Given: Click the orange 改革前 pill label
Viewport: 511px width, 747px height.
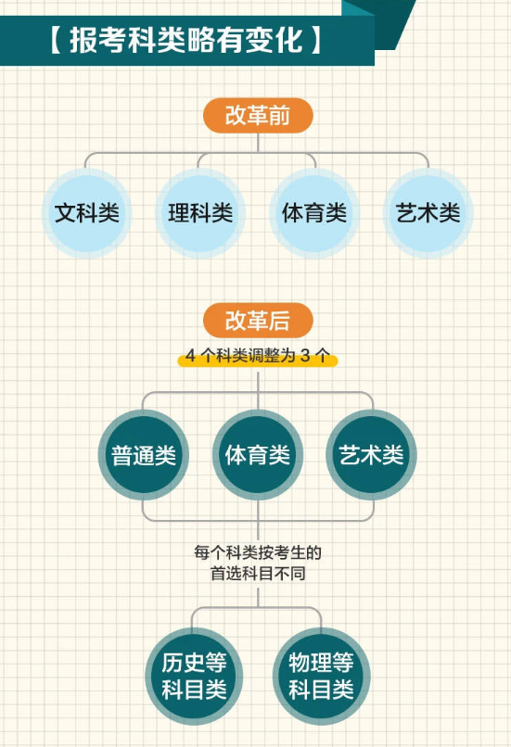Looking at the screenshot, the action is click(258, 115).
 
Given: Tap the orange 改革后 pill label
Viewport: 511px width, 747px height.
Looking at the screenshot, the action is click(258, 320).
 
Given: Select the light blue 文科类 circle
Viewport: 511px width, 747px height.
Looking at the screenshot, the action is click(87, 213).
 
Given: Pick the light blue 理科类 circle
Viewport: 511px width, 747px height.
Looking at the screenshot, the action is click(200, 213).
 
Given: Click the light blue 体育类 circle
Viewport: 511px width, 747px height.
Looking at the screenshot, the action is click(314, 213).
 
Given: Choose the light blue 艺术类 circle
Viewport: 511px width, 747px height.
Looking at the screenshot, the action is click(428, 213).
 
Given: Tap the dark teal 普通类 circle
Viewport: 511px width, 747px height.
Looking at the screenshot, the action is click(144, 455).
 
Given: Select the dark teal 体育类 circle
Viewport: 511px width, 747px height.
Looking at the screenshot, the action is click(258, 455).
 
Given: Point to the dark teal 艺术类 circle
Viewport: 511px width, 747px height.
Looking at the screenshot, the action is click(371, 455).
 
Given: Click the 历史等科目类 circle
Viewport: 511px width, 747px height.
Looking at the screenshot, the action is click(194, 677).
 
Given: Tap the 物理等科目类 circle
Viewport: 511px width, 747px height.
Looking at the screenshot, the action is click(321, 677).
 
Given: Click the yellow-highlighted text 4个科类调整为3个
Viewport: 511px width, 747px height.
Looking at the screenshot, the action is click(258, 355).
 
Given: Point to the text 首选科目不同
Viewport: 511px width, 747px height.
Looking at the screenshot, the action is click(258, 573).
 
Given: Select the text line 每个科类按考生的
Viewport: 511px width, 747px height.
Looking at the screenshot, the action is click(258, 552).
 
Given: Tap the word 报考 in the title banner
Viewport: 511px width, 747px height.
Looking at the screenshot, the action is click(98, 40).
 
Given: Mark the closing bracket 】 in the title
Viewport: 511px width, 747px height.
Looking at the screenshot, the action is click(316, 40).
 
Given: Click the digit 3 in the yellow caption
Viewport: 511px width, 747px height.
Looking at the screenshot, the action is click(305, 355).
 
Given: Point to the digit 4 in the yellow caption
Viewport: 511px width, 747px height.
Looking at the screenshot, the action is click(191, 355).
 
